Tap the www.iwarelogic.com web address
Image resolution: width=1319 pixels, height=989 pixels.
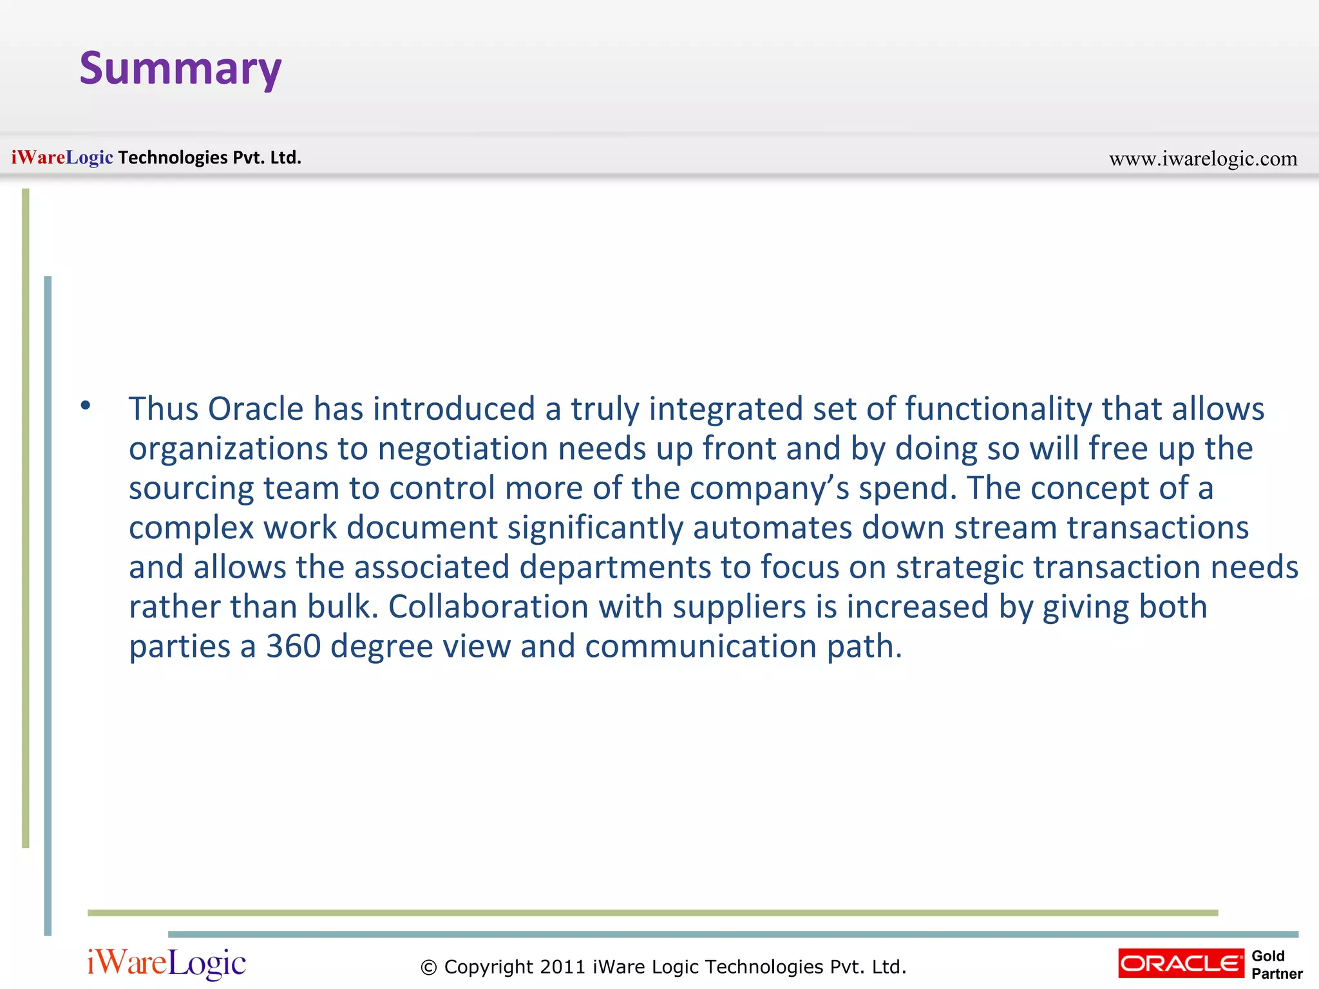tap(1202, 158)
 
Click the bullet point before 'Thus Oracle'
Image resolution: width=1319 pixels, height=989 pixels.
tap(86, 406)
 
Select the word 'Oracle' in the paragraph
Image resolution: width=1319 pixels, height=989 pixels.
tap(256, 410)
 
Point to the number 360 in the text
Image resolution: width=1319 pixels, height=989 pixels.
tap(294, 646)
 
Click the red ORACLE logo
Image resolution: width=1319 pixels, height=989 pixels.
tap(1181, 963)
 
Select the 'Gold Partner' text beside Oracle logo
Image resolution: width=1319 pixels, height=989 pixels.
tap(1276, 965)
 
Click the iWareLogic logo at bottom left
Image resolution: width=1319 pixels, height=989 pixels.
tap(166, 963)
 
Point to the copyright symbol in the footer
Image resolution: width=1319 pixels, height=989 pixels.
tap(428, 967)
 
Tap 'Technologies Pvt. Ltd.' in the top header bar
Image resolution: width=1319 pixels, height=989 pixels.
tap(209, 158)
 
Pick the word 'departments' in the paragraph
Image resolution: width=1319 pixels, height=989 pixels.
tap(614, 568)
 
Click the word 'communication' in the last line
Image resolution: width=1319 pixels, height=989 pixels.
tap(701, 646)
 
